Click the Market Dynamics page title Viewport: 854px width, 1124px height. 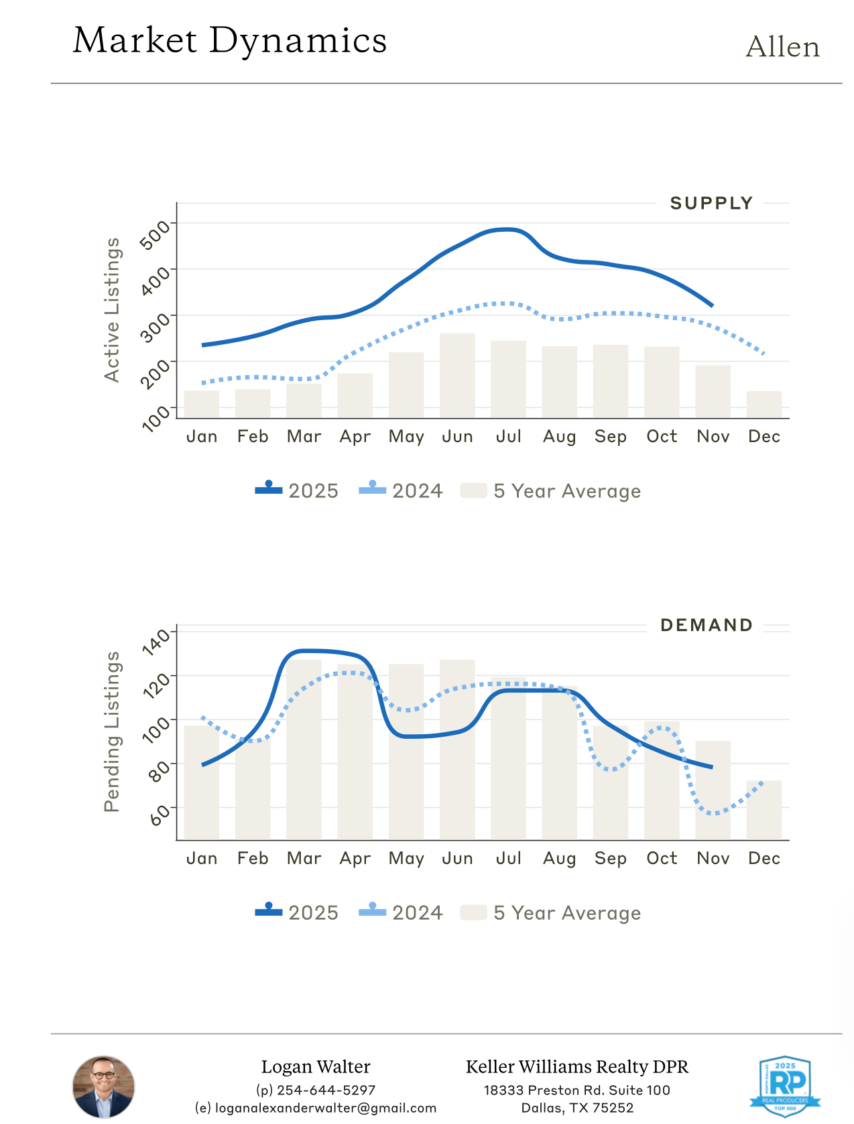[230, 41]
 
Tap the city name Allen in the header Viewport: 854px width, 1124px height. [782, 48]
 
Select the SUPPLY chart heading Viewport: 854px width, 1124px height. [711, 203]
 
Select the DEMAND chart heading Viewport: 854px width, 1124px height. [707, 625]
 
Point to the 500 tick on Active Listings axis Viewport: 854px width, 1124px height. [156, 234]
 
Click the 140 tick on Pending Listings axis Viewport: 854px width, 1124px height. [157, 640]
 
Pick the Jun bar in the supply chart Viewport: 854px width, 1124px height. [457, 375]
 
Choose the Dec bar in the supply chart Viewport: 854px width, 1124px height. [764, 405]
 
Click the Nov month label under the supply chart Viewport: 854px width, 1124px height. [713, 437]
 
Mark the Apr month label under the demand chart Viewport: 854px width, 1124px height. [355, 859]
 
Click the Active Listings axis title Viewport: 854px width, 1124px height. [113, 309]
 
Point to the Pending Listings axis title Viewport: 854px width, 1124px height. [113, 731]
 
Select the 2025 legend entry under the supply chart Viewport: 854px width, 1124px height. [297, 491]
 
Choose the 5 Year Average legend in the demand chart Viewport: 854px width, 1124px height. [551, 913]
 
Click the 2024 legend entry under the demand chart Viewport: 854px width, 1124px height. [401, 913]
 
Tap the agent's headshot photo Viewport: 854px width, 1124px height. [103, 1086]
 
